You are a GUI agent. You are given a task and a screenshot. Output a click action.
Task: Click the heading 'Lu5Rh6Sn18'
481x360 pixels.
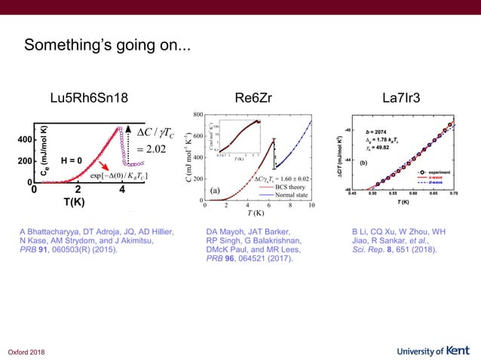[x=88, y=98]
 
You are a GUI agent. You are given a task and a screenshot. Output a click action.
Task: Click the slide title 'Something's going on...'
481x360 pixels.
[x=107, y=47]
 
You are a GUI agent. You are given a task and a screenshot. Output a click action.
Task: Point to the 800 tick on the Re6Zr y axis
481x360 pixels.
[x=198, y=114]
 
